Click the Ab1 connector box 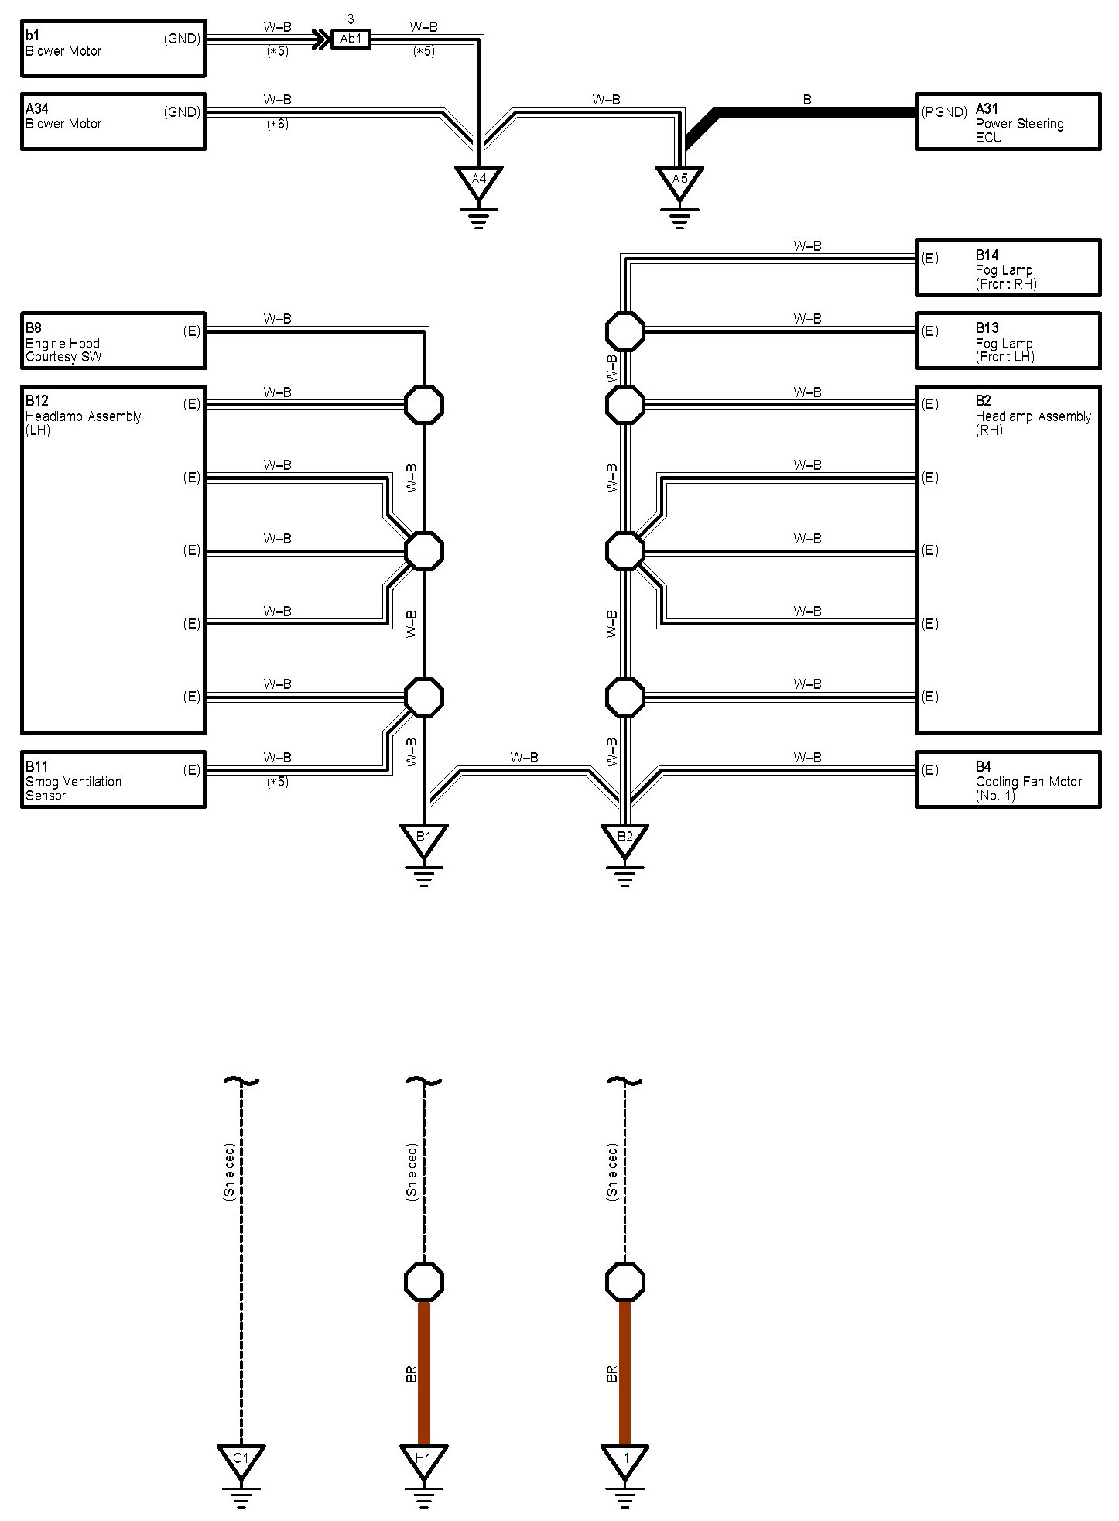pyautogui.click(x=351, y=39)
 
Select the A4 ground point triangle pyautogui.click(x=479, y=181)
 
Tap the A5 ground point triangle pyautogui.click(x=679, y=181)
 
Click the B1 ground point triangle pyautogui.click(x=423, y=838)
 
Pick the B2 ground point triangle pyautogui.click(x=625, y=838)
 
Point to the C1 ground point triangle pyautogui.click(x=241, y=1460)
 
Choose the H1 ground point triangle pyautogui.click(x=423, y=1460)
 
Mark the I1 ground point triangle pyautogui.click(x=625, y=1460)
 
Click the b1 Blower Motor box pyautogui.click(x=113, y=49)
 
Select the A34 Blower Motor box pyautogui.click(x=113, y=122)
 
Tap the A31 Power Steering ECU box pyautogui.click(x=1008, y=122)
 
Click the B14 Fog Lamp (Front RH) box pyautogui.click(x=1008, y=268)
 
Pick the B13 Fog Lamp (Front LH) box pyautogui.click(x=1008, y=341)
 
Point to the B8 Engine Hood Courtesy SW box pyautogui.click(x=113, y=341)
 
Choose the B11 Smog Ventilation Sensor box pyautogui.click(x=113, y=779)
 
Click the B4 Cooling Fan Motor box pyautogui.click(x=1008, y=779)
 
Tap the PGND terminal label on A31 pyautogui.click(x=944, y=112)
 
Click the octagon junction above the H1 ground pyautogui.click(x=424, y=1282)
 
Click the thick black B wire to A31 pyautogui.click(x=813, y=113)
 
